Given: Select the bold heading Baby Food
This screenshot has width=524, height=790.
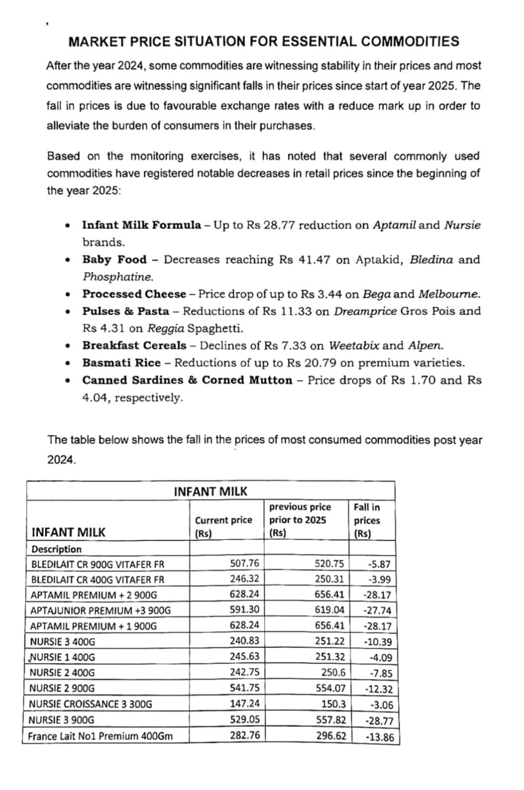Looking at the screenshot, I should tap(115, 260).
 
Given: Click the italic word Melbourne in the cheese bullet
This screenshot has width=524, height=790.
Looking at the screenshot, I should tap(449, 294).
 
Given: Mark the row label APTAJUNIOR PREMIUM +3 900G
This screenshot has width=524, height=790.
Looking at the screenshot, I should tap(101, 611).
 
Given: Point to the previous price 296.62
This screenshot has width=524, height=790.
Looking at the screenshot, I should tap(331, 736).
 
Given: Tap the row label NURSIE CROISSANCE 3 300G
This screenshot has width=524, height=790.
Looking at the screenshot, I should tap(90, 704).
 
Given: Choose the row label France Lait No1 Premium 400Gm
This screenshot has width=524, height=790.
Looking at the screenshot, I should tap(101, 736).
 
